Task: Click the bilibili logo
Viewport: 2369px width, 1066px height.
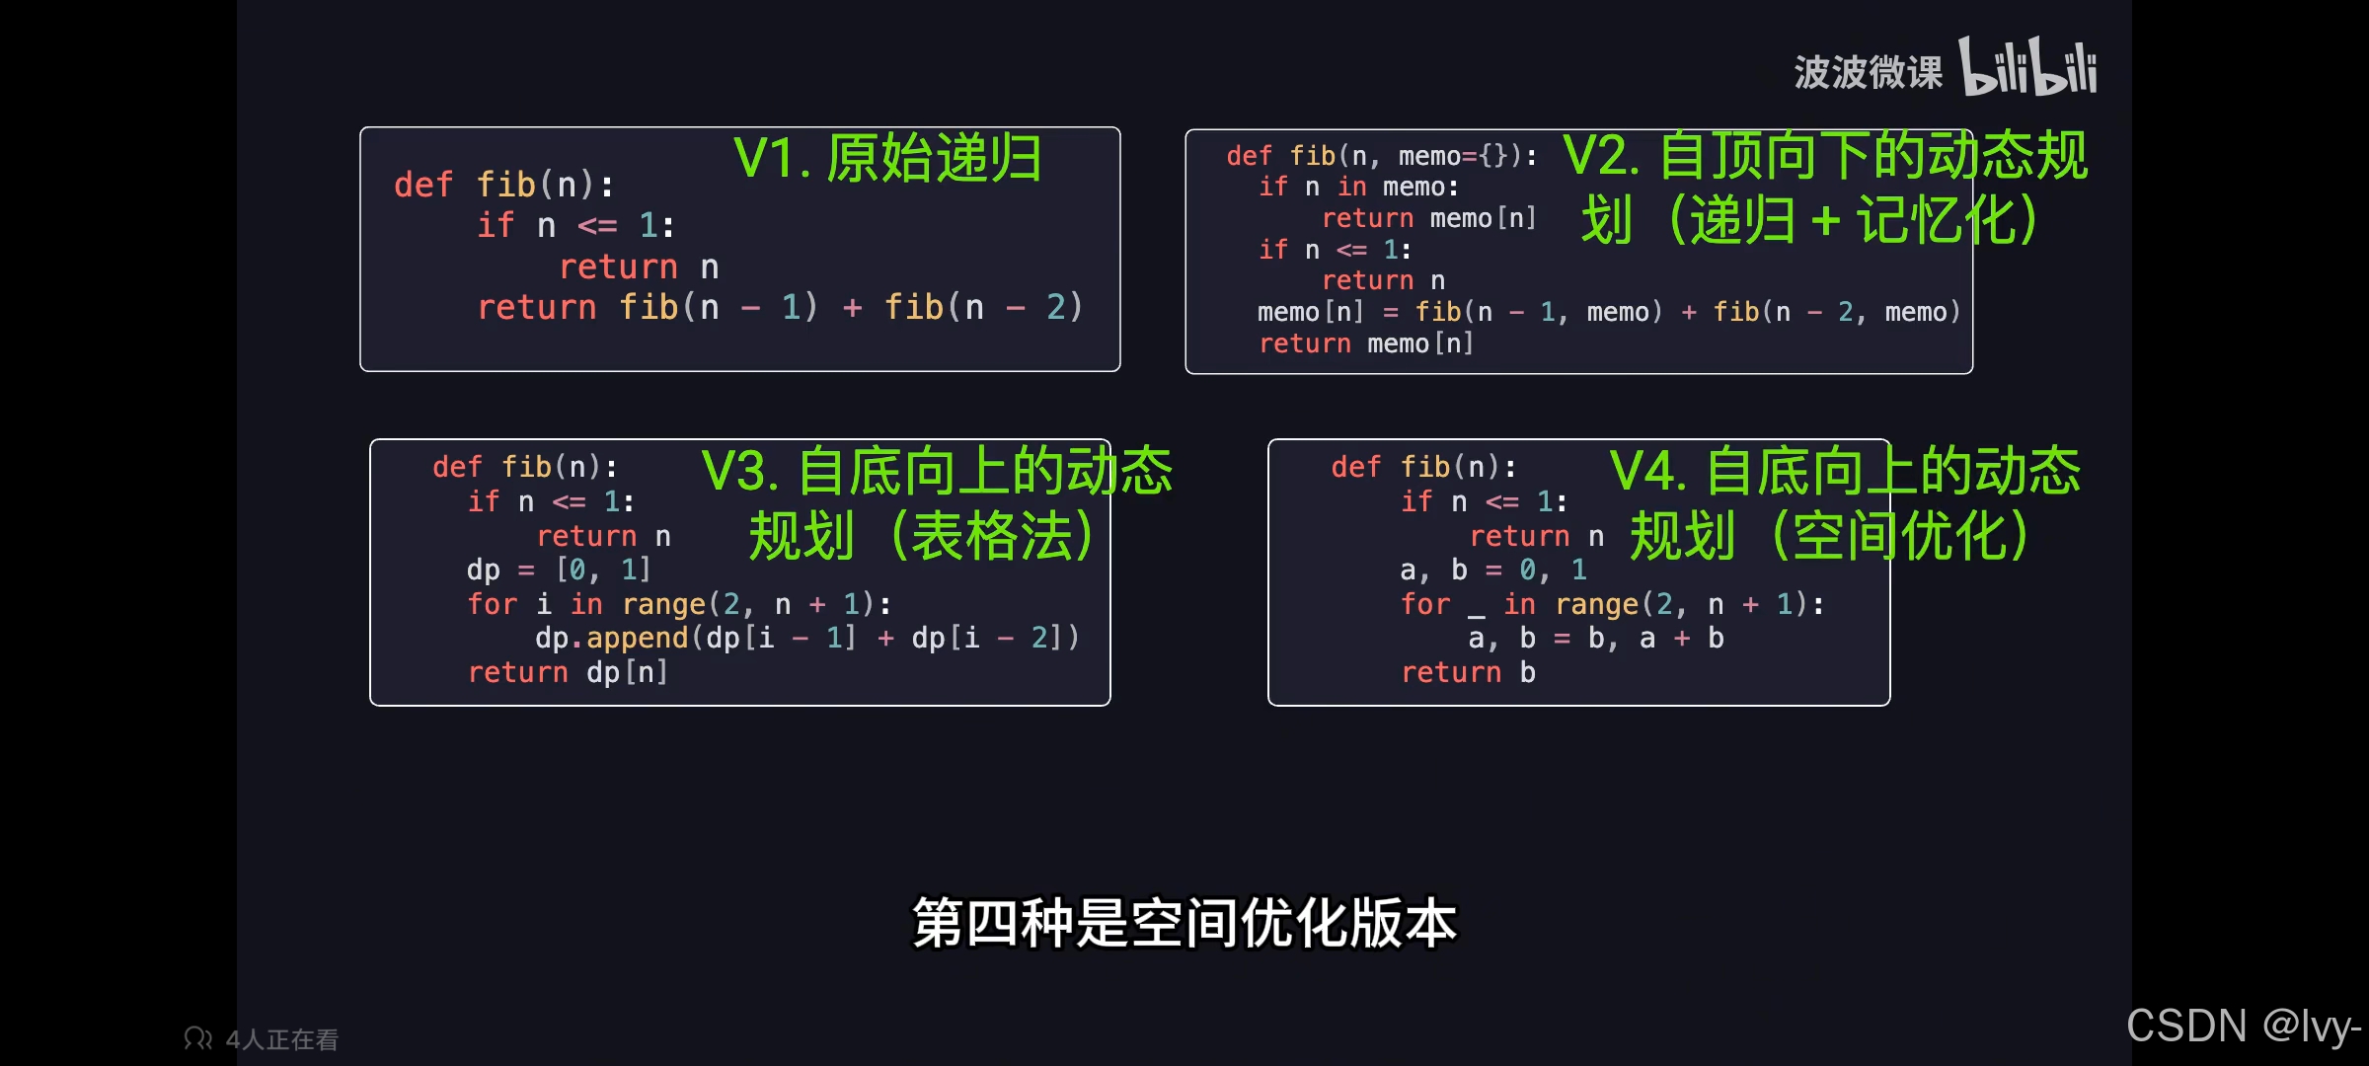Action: tap(2027, 67)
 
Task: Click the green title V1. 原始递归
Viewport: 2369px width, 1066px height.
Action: tap(886, 158)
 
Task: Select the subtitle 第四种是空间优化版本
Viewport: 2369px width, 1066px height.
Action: tap(1184, 923)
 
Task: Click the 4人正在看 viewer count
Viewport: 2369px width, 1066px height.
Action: tap(281, 1039)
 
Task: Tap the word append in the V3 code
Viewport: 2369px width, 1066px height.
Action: tap(637, 639)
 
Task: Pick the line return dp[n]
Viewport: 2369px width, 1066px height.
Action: tap(568, 673)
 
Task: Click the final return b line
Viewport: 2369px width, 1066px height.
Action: tap(1468, 673)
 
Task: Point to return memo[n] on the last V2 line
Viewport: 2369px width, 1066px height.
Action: tap(1366, 344)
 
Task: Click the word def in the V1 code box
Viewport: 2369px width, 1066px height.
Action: tap(423, 186)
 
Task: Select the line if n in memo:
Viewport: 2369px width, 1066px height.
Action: tap(1358, 188)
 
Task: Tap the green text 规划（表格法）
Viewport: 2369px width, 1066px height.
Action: tap(920, 536)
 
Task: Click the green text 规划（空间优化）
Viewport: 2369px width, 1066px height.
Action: tap(1828, 536)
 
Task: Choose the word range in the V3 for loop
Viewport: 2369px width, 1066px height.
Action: tap(663, 604)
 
